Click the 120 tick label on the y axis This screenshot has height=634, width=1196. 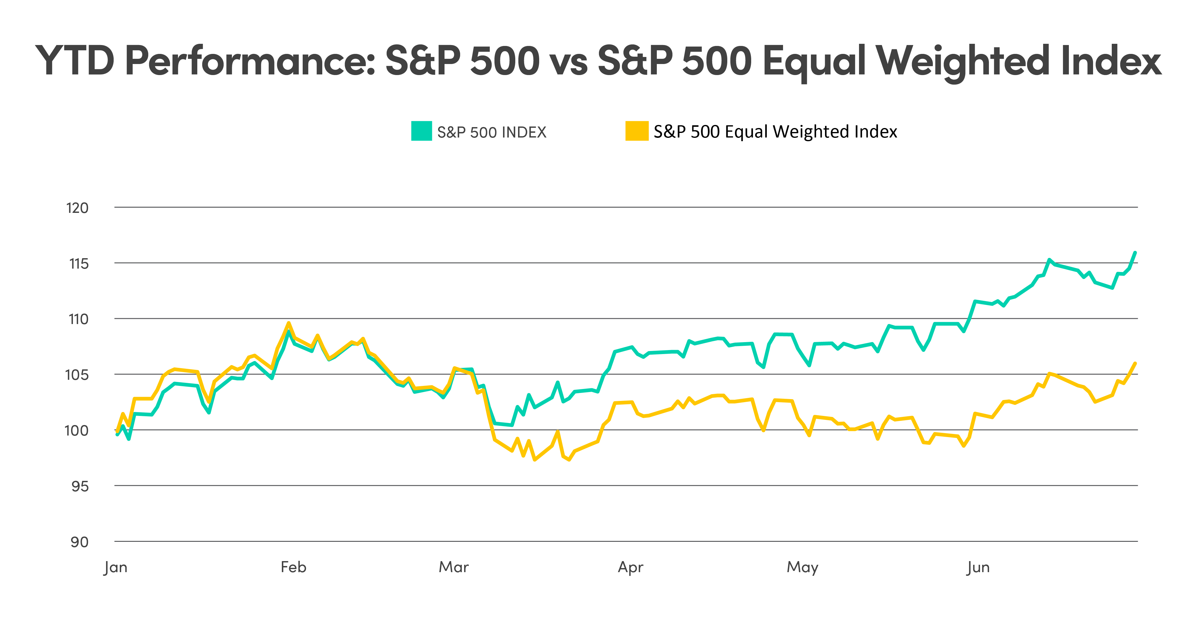pyautogui.click(x=77, y=208)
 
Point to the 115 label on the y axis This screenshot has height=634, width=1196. pyautogui.click(x=78, y=264)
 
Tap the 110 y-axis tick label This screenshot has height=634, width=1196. pyautogui.click(x=78, y=319)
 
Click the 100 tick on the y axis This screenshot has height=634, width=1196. pyautogui.click(x=76, y=431)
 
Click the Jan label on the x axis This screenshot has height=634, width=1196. pyautogui.click(x=115, y=568)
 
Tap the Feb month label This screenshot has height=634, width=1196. pyautogui.click(x=293, y=567)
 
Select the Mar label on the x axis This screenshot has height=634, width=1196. pyautogui.click(x=454, y=567)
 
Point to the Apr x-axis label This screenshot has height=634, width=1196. pyautogui.click(x=630, y=568)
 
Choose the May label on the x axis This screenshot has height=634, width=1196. pyautogui.click(x=802, y=568)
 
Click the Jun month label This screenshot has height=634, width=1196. pyautogui.click(x=978, y=568)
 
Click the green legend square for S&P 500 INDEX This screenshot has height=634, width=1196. pyautogui.click(x=422, y=131)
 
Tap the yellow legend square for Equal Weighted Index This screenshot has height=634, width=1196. pyautogui.click(x=637, y=131)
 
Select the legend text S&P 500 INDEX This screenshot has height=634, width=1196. pyautogui.click(x=492, y=132)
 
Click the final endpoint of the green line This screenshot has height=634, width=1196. pyautogui.click(x=1135, y=252)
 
